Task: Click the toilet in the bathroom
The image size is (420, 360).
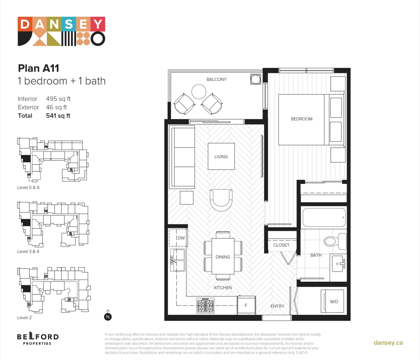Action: [335, 241]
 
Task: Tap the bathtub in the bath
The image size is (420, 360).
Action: [324, 217]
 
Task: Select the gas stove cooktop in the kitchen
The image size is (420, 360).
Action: [205, 305]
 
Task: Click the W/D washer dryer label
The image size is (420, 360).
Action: [334, 302]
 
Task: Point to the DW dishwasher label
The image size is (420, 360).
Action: [181, 238]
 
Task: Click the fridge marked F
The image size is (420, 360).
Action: [246, 305]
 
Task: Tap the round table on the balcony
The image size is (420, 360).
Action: [199, 92]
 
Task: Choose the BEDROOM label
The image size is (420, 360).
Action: [302, 119]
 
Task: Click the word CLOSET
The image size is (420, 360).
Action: [281, 245]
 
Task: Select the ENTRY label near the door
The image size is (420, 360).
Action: [277, 306]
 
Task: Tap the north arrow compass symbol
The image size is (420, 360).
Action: [108, 316]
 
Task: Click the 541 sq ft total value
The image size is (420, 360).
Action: [58, 115]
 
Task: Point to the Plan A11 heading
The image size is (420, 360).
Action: [38, 68]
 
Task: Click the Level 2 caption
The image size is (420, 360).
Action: [24, 318]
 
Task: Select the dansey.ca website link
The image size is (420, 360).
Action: [388, 343]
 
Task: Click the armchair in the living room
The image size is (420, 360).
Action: [221, 200]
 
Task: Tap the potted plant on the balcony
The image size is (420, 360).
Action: [255, 79]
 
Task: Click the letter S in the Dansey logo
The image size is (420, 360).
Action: [69, 24]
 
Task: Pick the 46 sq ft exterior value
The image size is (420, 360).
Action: [56, 107]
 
